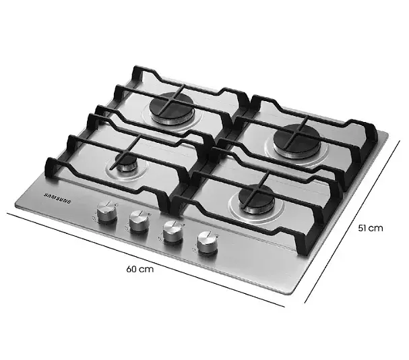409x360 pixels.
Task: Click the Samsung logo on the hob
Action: pyautogui.click(x=57, y=198)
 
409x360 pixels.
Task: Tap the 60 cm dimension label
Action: pyautogui.click(x=139, y=269)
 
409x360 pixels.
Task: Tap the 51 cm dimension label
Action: pyautogui.click(x=370, y=228)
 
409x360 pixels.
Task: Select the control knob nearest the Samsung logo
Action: pyautogui.click(x=107, y=212)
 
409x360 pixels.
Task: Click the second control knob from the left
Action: pyautogui.click(x=139, y=221)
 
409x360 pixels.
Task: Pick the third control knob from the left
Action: pyautogui.click(x=172, y=232)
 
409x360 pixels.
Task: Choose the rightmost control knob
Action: pyautogui.click(x=207, y=243)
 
